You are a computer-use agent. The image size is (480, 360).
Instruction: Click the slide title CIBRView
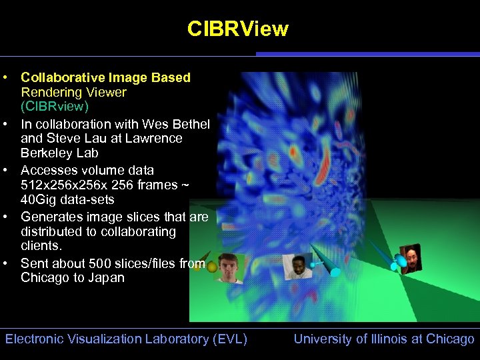[238, 29]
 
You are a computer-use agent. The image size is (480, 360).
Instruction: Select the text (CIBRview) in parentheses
[55, 107]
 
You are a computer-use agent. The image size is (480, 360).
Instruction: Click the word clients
[41, 246]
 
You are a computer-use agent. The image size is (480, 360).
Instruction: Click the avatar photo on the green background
[229, 268]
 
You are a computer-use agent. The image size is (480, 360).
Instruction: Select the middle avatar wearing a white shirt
[297, 266]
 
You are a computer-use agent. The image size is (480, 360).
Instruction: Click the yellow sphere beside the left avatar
[212, 267]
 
